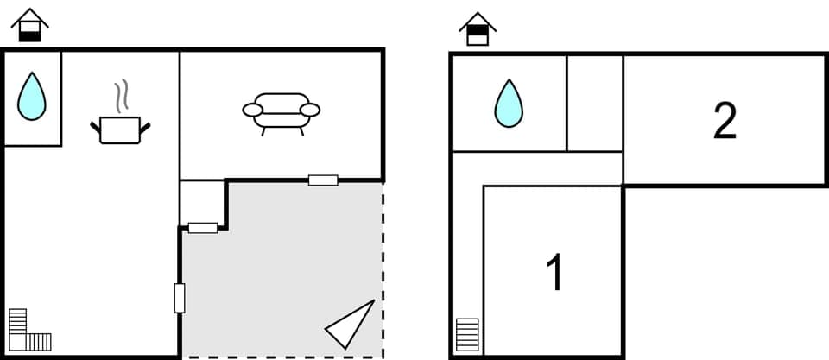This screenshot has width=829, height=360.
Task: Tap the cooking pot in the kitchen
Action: click(x=120, y=129)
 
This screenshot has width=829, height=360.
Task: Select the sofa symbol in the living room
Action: click(x=282, y=111)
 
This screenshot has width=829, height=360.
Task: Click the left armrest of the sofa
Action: click(x=252, y=110)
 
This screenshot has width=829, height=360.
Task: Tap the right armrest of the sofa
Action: click(x=311, y=110)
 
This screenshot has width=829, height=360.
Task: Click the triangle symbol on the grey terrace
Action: click(x=352, y=323)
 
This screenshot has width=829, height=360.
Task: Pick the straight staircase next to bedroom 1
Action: click(x=467, y=334)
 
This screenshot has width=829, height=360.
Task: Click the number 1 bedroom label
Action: click(x=555, y=273)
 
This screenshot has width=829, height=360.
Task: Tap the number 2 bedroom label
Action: click(x=725, y=122)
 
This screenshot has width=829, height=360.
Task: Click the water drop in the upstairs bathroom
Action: click(x=509, y=104)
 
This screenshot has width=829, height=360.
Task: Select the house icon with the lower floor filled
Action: click(x=30, y=26)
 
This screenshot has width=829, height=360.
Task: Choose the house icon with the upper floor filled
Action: click(x=478, y=28)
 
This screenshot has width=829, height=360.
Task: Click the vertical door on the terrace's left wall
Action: click(x=180, y=298)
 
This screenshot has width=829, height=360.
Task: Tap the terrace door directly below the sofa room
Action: click(x=323, y=180)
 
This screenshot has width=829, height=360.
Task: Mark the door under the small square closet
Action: click(x=203, y=228)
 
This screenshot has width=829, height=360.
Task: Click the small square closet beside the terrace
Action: click(x=202, y=203)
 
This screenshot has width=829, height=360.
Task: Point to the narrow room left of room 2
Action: click(x=595, y=103)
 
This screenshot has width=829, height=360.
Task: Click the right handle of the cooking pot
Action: click(x=144, y=127)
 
